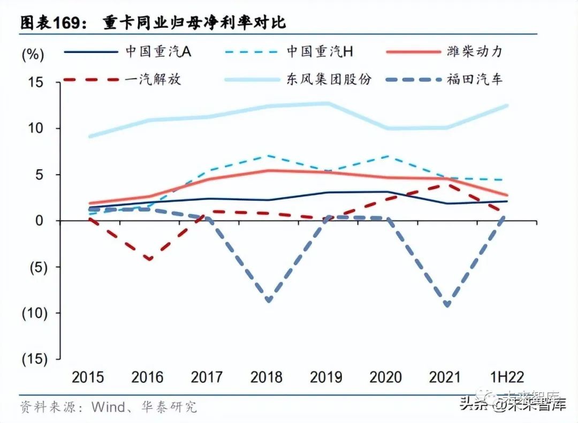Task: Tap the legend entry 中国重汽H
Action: (320, 51)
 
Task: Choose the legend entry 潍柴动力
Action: (474, 51)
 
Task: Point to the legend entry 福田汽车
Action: (474, 80)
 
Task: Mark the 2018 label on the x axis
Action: (267, 377)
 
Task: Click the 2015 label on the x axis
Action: (88, 377)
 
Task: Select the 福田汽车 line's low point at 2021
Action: (446, 305)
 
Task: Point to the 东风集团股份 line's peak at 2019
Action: (328, 103)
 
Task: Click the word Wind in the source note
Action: (109, 406)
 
